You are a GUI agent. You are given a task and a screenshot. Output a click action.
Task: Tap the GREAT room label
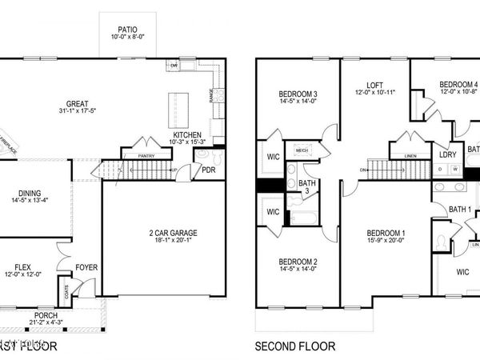pyautogui.click(x=77, y=103)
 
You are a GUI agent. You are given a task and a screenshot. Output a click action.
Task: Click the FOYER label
pyautogui.click(x=86, y=267)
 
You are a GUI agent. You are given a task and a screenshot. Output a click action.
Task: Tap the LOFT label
pyautogui.click(x=375, y=84)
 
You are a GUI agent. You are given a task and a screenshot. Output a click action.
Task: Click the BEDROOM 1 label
pyautogui.click(x=386, y=233)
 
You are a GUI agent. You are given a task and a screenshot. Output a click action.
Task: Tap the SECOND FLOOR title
pyautogui.click(x=295, y=346)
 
